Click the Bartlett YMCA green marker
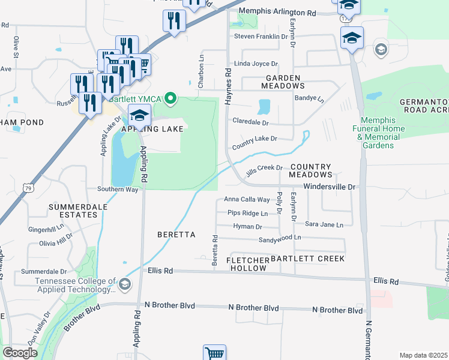coord(170,98)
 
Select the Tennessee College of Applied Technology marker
coord(125,284)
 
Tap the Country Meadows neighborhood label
coord(310,170)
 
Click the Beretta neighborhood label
coord(176,235)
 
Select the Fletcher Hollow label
coord(247,264)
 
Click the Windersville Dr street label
coord(330,187)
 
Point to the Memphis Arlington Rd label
coord(277,12)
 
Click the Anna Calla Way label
coord(247,199)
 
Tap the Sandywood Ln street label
coord(279,238)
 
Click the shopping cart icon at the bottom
coord(214,353)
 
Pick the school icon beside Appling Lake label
coord(139,116)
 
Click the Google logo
coord(20,353)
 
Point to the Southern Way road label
coord(118,190)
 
